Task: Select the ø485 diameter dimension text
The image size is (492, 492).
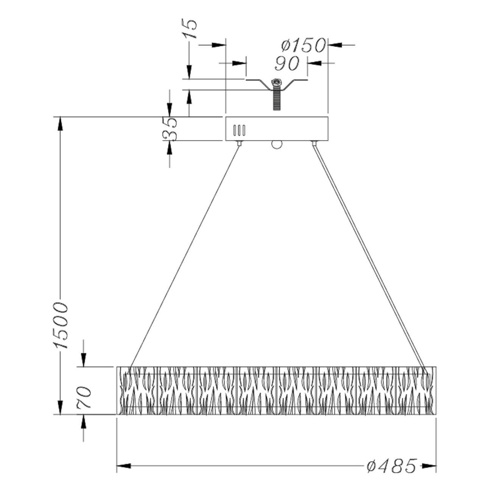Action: (392, 466)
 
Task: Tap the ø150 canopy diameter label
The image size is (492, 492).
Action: (303, 45)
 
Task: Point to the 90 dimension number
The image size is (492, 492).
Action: (286, 64)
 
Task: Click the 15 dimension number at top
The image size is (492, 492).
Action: (190, 29)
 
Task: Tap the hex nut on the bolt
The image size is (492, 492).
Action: (277, 82)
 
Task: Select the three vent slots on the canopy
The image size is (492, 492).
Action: (240, 130)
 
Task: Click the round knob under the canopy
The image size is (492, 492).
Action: (277, 145)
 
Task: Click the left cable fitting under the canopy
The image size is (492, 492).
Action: (239, 143)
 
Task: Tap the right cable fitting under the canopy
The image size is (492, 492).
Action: (313, 143)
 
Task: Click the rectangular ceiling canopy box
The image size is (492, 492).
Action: (277, 128)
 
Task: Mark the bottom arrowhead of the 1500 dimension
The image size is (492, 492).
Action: (60, 408)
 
